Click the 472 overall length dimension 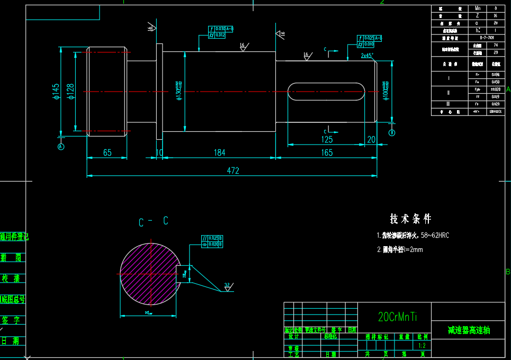[233, 170]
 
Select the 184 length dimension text [219, 152]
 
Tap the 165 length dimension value [327, 152]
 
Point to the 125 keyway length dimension [327, 139]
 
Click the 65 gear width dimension [107, 152]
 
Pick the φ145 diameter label [56, 91]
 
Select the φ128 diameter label [70, 91]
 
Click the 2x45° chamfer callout [367, 55]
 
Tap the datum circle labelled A [60, 147]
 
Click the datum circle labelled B [392, 132]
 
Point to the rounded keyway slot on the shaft [326, 92]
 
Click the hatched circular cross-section [149, 273]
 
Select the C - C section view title [153, 222]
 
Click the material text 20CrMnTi [398, 317]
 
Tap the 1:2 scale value [422, 345]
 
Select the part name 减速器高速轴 [469, 330]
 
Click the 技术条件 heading [410, 219]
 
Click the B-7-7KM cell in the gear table [487, 38]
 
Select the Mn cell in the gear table [478, 8]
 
